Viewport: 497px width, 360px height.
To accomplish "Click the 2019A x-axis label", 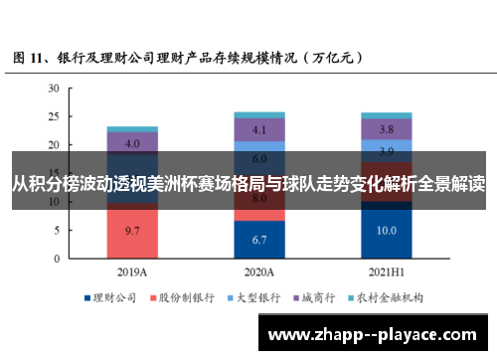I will [131, 271].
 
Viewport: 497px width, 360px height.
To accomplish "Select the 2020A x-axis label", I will [258, 271].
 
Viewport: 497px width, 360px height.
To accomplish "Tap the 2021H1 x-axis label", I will [386, 271].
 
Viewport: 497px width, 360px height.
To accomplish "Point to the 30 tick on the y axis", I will [55, 89].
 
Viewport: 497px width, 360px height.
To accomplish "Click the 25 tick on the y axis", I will [55, 116].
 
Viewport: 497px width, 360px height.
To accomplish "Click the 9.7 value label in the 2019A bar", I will [131, 230].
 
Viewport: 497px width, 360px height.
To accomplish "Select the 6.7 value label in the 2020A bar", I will [258, 240].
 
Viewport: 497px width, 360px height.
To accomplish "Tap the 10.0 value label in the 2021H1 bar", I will [386, 230].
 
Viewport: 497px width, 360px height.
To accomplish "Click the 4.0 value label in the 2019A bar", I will [131, 143].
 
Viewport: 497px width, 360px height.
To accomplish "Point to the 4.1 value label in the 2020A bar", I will [258, 130].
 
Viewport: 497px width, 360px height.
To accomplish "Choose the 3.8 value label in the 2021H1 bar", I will [386, 129].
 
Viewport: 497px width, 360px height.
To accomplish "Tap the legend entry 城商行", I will [317, 297].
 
